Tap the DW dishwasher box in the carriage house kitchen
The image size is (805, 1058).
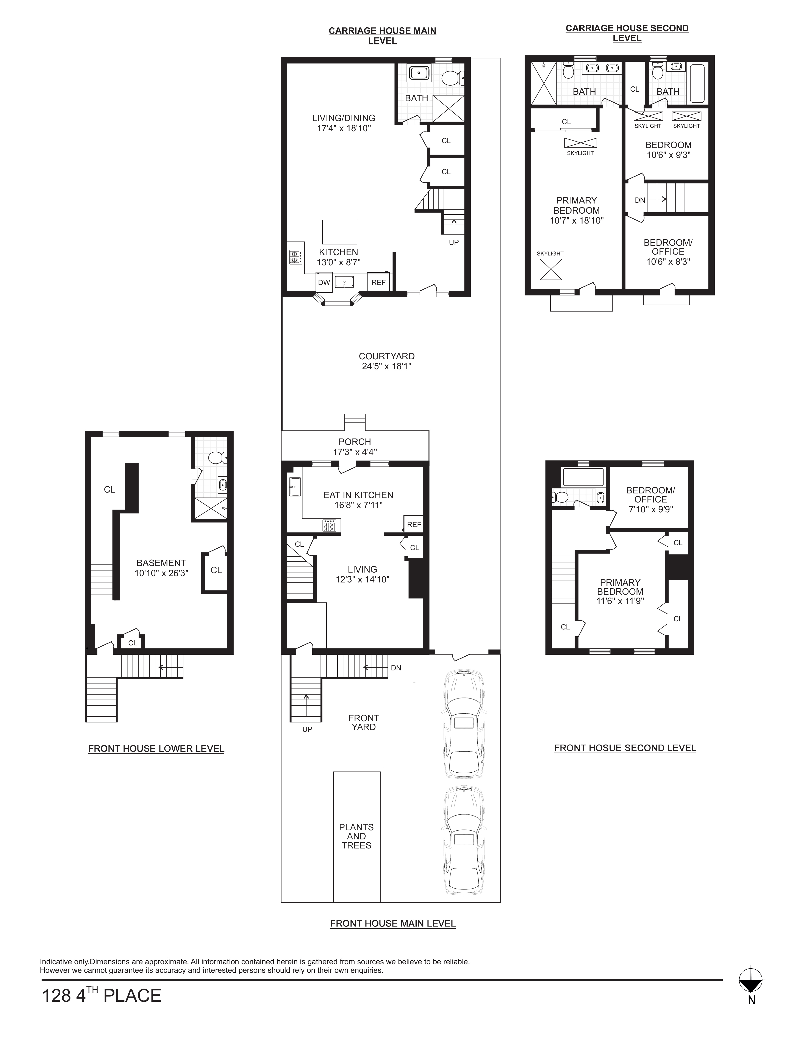point(324,282)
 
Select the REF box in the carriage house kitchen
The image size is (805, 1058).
point(378,282)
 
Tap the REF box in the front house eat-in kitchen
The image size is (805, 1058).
point(414,524)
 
